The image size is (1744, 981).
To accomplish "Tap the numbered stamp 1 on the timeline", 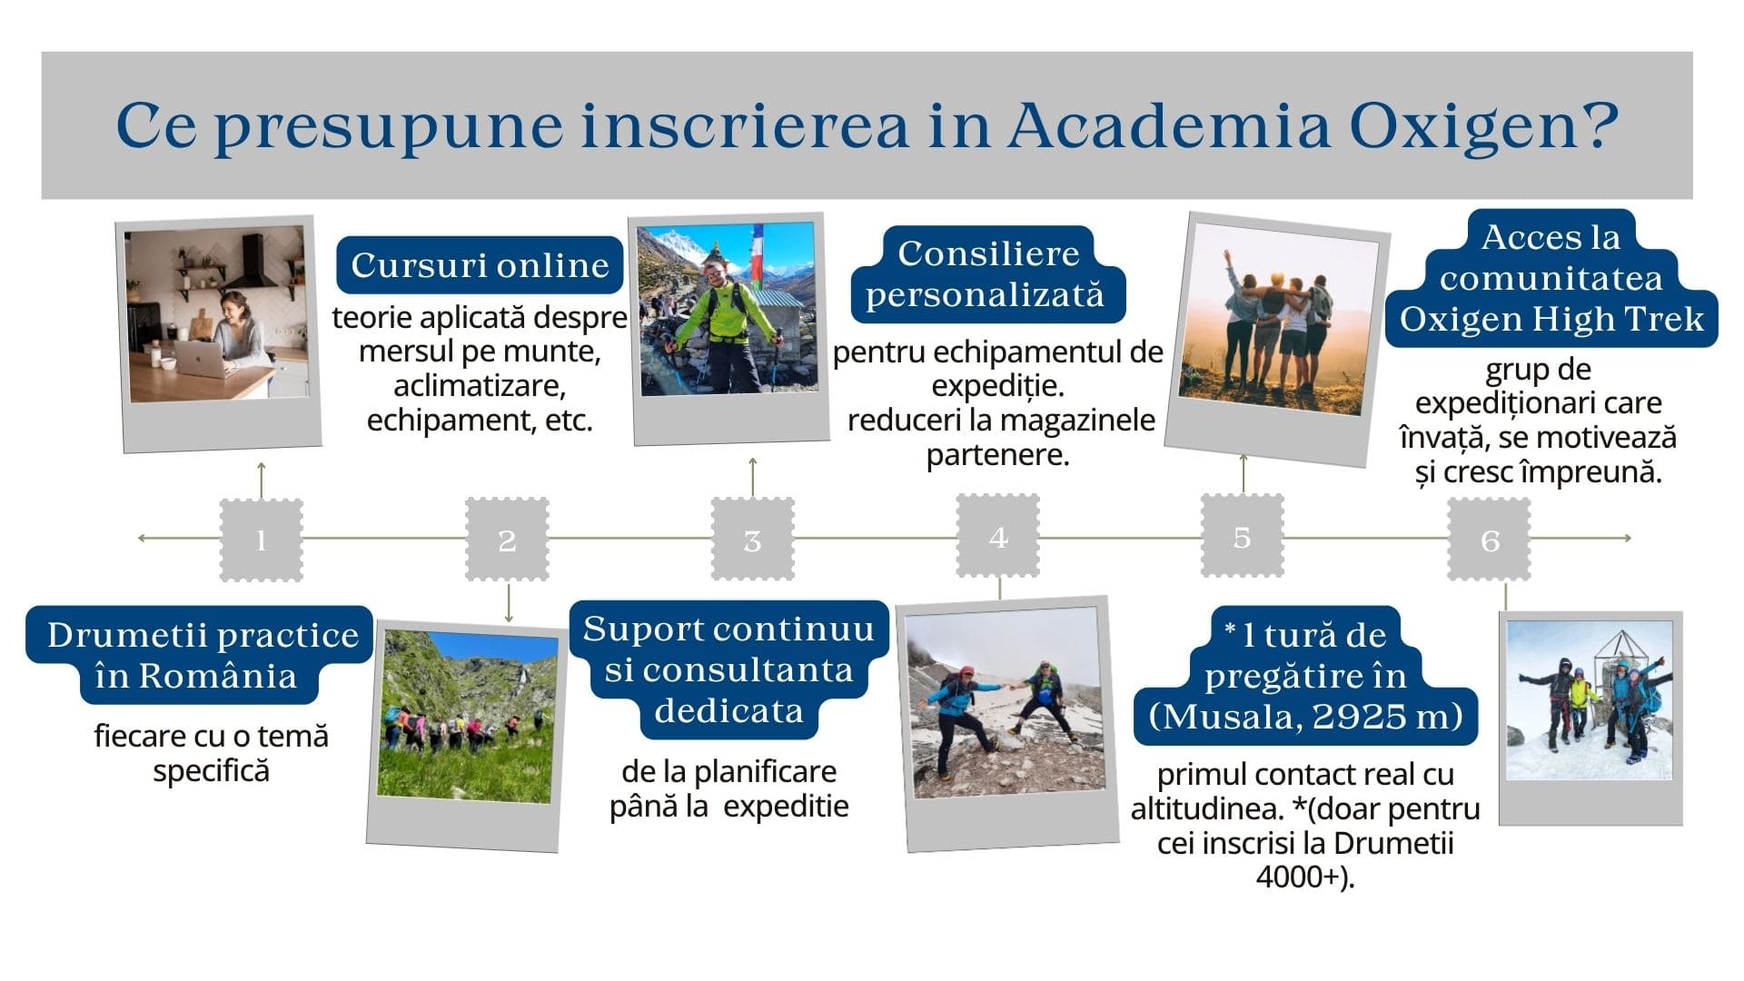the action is pyautogui.click(x=261, y=540).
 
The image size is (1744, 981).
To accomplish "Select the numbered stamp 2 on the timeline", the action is pyautogui.click(x=507, y=540).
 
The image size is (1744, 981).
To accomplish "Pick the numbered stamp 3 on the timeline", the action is pyautogui.click(x=752, y=540).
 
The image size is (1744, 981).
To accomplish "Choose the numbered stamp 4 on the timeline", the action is pyautogui.click(x=998, y=536).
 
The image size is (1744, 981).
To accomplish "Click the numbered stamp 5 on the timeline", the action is pyautogui.click(x=1243, y=536).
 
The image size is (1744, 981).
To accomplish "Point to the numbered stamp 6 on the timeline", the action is pyautogui.click(x=1490, y=540).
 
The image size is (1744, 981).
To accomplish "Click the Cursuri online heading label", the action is pyautogui.click(x=480, y=265).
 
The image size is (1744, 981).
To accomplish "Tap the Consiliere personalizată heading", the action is pyautogui.click(x=987, y=274).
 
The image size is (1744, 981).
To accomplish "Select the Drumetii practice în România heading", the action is pyautogui.click(x=200, y=655).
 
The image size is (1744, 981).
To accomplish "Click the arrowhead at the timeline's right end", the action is pyautogui.click(x=1628, y=538).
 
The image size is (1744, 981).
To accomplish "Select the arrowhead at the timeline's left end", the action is pyautogui.click(x=142, y=538).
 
